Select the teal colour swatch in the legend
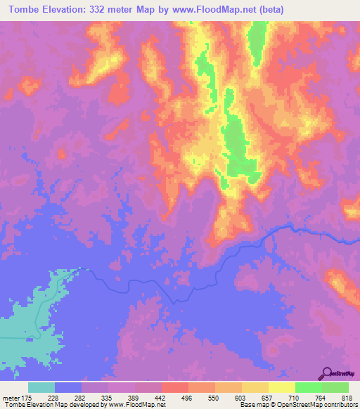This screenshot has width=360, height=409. tap(41, 387)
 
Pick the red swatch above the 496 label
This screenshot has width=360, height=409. tap(175, 387)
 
